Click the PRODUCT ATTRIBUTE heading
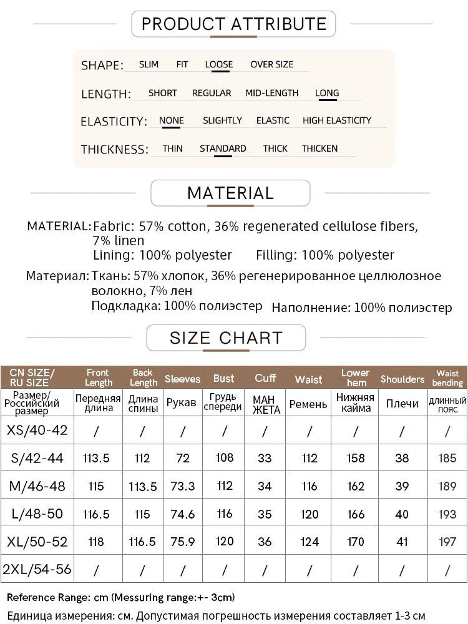tap(234, 24)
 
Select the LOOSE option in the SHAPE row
tap(218, 64)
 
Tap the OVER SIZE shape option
tap(271, 64)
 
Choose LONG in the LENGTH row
tap(327, 93)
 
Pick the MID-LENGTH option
tap(271, 93)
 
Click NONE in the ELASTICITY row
tap(172, 120)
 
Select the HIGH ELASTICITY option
tap(337, 120)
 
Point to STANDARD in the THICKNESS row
tap(223, 149)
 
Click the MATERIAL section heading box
tap(230, 193)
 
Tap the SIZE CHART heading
tap(226, 338)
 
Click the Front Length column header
tap(99, 378)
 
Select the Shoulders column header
tap(402, 379)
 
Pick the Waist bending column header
tap(447, 378)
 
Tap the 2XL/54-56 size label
tap(37, 569)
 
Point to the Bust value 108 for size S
tap(224, 458)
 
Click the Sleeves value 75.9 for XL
tap(183, 542)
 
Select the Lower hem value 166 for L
tap(356, 514)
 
